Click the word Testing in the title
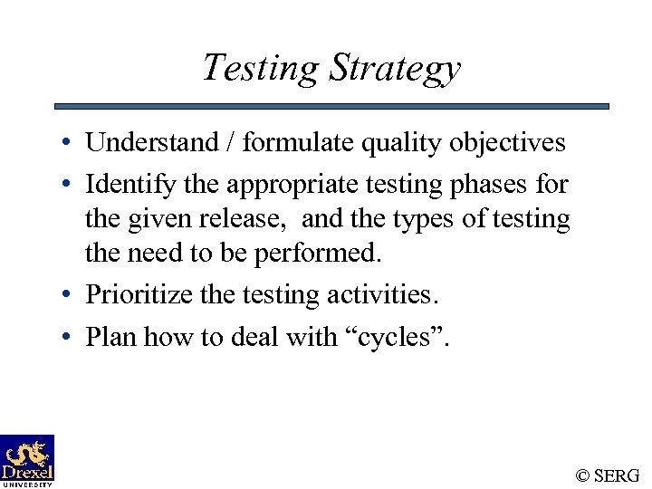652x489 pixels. pos(261,68)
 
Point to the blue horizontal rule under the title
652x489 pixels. pos(331,106)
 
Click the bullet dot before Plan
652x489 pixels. pos(68,338)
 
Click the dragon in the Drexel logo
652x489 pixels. pos(28,452)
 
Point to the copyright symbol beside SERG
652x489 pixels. pos(583,475)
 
